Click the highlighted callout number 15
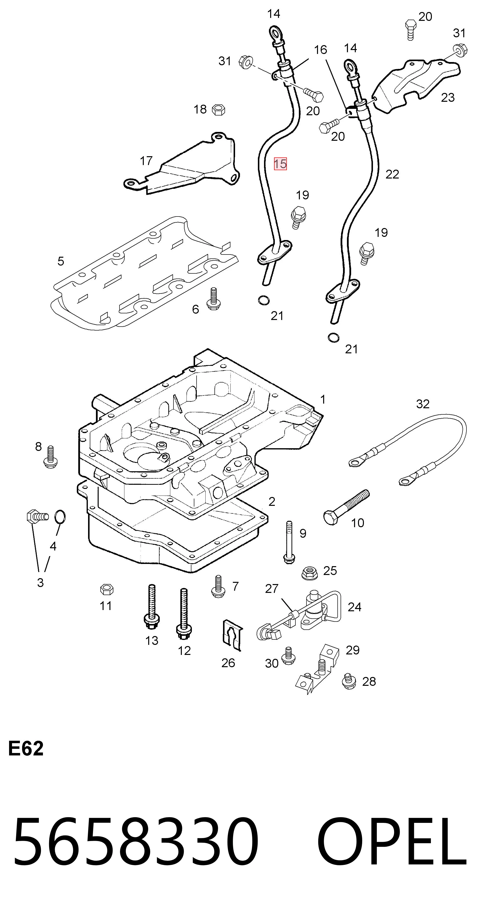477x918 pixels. [280, 164]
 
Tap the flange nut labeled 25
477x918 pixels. [309, 573]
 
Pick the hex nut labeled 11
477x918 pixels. [106, 590]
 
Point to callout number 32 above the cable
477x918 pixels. [423, 404]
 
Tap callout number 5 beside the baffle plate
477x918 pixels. [61, 261]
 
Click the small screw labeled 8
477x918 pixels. [50, 457]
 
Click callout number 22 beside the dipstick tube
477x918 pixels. [392, 174]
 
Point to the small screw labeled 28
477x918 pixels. [349, 682]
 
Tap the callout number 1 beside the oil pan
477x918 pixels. [323, 399]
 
